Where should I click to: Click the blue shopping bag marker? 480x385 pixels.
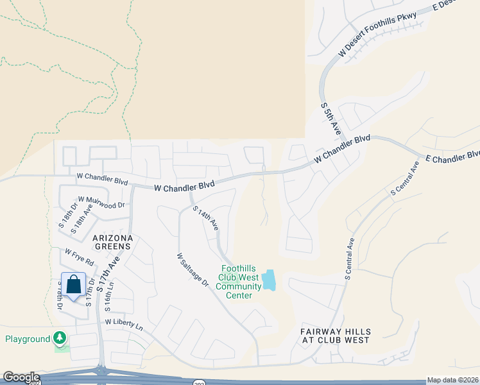(74, 284)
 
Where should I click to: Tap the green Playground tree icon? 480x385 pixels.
(60, 337)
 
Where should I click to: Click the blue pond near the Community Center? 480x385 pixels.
(269, 280)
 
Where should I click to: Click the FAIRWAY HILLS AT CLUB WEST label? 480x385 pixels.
(335, 336)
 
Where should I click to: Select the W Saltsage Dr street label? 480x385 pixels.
(193, 269)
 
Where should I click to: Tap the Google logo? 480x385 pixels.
(21, 377)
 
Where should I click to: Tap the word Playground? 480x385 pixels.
(28, 339)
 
